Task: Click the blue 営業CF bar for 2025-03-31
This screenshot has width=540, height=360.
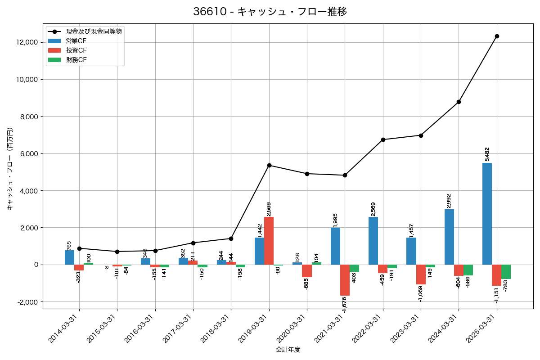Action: point(487,214)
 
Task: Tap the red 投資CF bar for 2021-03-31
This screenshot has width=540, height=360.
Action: point(345,280)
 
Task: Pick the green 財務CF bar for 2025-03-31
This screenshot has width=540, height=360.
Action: point(506,272)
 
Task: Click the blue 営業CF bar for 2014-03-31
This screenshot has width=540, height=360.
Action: point(69,257)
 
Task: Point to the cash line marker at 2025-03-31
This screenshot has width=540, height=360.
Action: point(497,36)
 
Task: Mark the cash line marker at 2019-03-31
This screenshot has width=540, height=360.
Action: point(269,165)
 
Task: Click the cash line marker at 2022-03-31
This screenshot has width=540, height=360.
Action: point(383,139)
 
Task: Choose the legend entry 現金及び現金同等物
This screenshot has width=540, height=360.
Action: point(94,31)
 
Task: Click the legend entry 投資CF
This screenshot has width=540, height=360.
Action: point(76,50)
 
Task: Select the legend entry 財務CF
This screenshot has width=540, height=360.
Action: point(76,60)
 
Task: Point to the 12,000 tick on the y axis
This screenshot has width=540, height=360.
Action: point(27,42)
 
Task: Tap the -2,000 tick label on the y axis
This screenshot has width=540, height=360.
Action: point(27,302)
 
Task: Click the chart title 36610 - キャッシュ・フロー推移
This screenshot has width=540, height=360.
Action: point(270,12)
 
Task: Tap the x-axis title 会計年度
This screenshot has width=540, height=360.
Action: point(288,350)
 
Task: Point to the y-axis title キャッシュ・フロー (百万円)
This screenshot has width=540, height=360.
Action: point(10,169)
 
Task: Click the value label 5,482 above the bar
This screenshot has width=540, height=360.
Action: point(487,153)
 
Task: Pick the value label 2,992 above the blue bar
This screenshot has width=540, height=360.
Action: point(449,200)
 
